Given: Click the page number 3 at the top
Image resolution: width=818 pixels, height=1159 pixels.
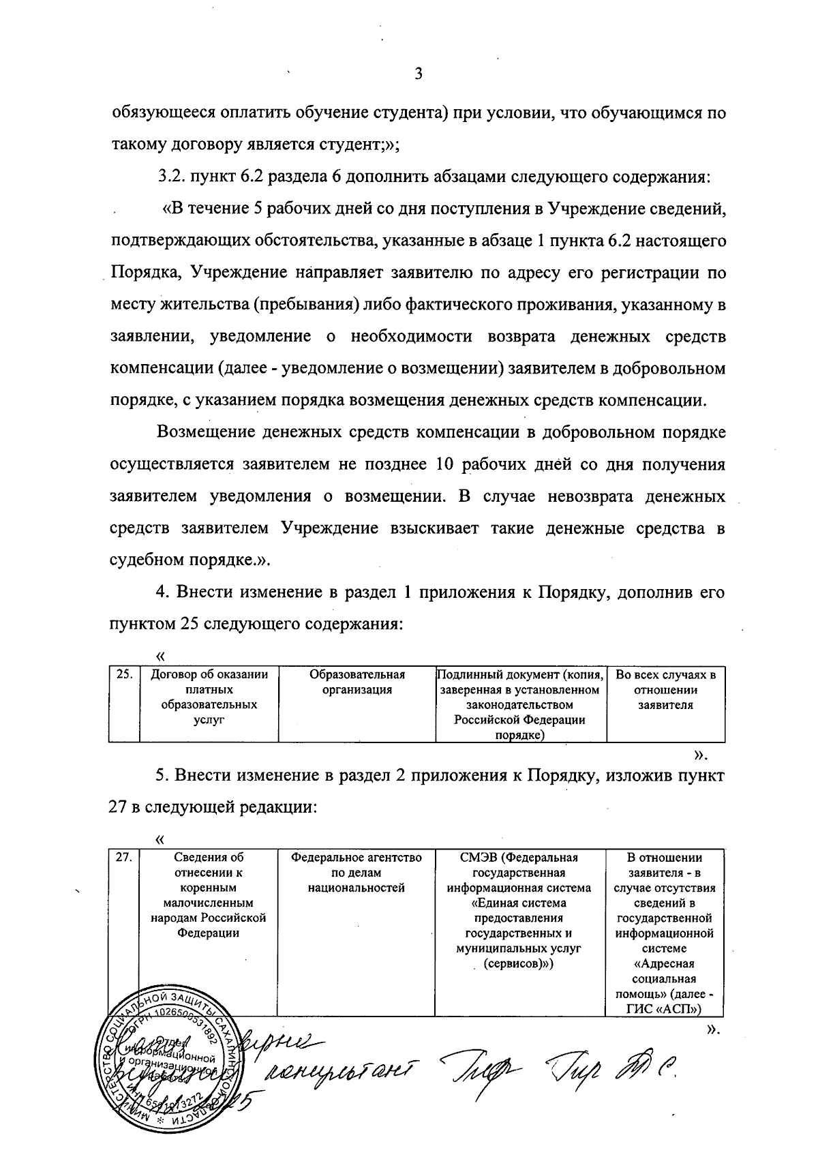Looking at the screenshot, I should (419, 74).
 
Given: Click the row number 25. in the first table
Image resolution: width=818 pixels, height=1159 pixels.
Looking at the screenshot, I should (123, 675).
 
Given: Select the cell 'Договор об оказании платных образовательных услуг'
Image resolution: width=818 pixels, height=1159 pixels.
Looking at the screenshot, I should (209, 697).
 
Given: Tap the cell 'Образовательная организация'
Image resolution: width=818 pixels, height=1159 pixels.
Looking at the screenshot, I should (357, 682).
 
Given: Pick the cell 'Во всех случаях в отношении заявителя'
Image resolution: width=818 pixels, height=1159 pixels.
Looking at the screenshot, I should (665, 689).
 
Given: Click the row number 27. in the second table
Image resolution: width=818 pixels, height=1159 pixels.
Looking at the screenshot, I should (123, 858).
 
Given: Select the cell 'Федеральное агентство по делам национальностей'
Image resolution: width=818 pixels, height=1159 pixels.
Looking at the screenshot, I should (356, 873).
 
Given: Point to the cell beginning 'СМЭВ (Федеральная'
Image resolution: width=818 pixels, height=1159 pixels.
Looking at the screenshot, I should (520, 910).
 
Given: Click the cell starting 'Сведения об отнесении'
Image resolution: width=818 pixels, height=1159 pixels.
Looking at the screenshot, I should (208, 895).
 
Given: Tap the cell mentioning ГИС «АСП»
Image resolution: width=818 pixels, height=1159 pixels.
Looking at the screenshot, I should (665, 934).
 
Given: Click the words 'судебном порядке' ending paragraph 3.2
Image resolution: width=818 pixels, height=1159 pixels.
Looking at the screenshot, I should (179, 560).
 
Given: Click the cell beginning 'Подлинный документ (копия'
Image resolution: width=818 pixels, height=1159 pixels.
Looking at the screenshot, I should (520, 704).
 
